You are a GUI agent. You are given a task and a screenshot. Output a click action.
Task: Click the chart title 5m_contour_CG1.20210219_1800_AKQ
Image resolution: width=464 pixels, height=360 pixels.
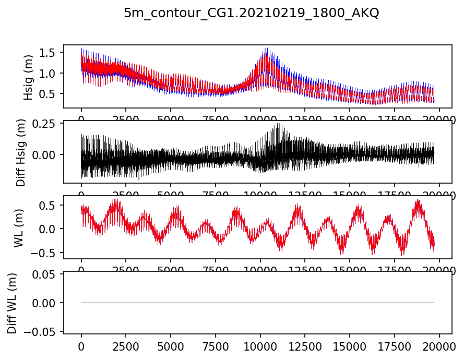coord(251,14)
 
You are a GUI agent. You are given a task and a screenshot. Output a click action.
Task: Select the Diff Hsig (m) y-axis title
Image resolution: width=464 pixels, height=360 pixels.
coord(21,152)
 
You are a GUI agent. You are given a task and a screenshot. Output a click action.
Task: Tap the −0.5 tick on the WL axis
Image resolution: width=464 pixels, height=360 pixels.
coord(47,253)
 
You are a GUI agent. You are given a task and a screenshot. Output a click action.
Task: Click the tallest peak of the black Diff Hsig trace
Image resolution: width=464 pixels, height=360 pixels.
coord(279,124)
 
